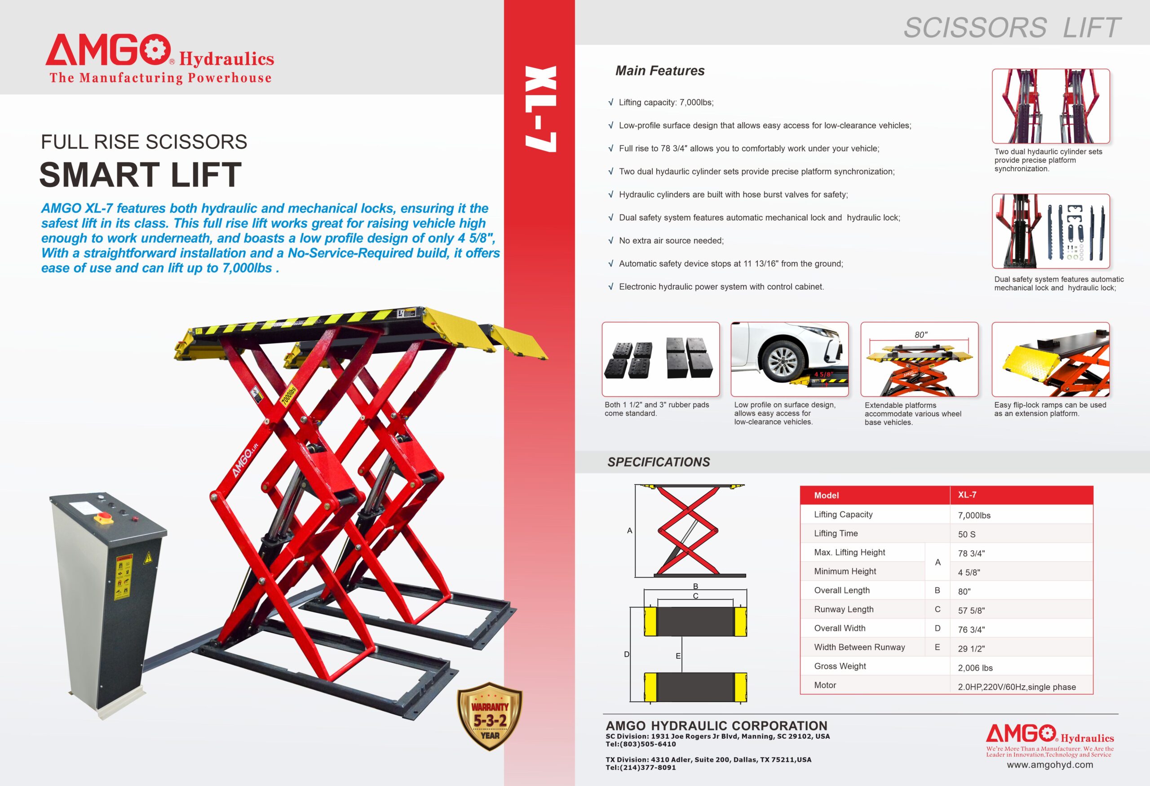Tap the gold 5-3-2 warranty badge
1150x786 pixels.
[x=489, y=717]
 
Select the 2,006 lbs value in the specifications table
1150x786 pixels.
[x=975, y=668]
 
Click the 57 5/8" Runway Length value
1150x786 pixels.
[x=971, y=611]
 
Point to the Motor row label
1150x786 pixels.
[x=825, y=685]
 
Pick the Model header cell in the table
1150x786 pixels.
[x=827, y=495]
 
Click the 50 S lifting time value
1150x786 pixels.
[x=966, y=534]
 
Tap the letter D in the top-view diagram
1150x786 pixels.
[x=627, y=654]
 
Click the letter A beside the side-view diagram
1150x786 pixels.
[x=629, y=531]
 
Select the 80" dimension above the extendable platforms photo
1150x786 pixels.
[x=921, y=335]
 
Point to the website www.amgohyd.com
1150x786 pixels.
[x=1049, y=765]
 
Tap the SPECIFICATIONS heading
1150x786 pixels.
[x=658, y=462]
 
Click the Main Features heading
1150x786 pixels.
[x=659, y=71]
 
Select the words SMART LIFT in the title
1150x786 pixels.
[x=141, y=175]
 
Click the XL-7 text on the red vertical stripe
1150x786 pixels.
[x=540, y=109]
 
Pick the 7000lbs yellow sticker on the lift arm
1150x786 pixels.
[x=288, y=395]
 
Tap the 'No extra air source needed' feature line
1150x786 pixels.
[x=671, y=240]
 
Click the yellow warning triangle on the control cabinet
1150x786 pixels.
[x=147, y=559]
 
